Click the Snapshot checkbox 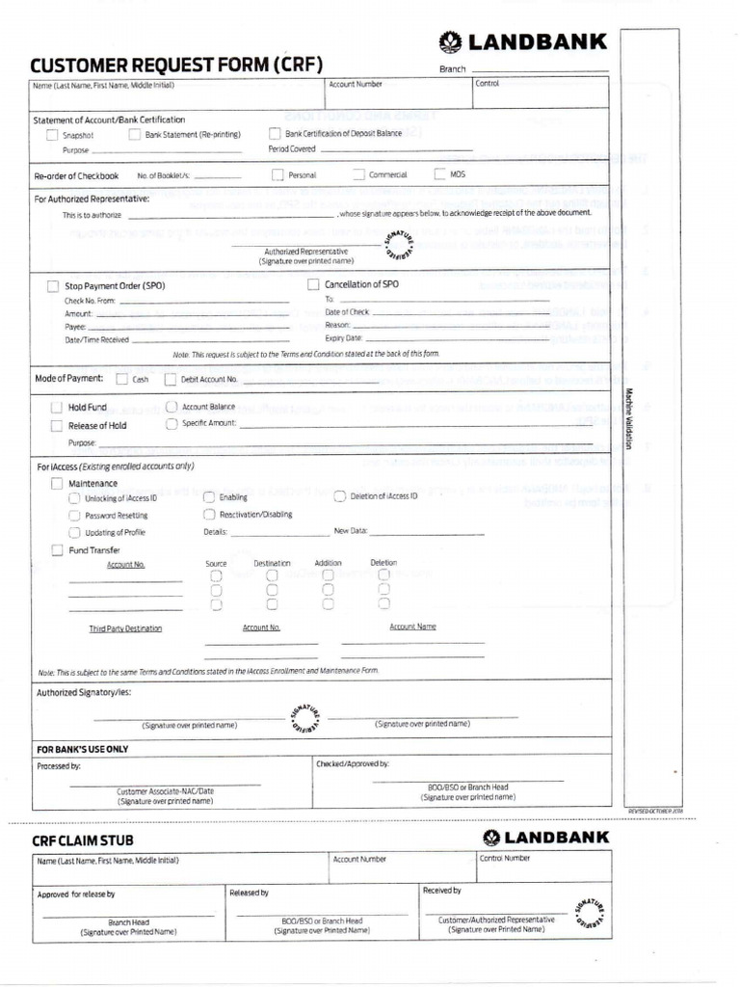point(52,135)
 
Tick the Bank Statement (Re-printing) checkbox point(134,135)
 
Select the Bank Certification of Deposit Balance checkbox point(275,134)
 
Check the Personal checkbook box point(277,175)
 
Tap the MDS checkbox point(439,174)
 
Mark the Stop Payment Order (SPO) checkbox point(53,286)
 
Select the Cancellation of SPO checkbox point(313,285)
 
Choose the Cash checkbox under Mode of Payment point(121,380)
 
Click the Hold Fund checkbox point(57,408)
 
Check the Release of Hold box point(57,425)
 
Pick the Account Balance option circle point(172,408)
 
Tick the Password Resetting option point(74,516)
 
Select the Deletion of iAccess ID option point(339,496)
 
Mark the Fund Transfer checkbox point(57,550)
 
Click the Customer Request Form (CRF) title point(176,66)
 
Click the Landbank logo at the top point(523,41)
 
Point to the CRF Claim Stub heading point(78,841)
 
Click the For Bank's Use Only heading point(83,749)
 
